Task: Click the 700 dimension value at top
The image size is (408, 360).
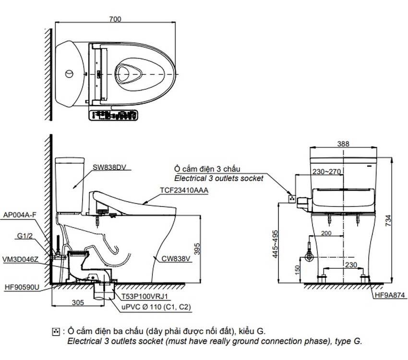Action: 115,20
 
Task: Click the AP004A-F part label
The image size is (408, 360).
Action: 20,216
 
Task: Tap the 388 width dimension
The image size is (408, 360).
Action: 343,144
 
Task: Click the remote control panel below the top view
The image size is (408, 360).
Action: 114,115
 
